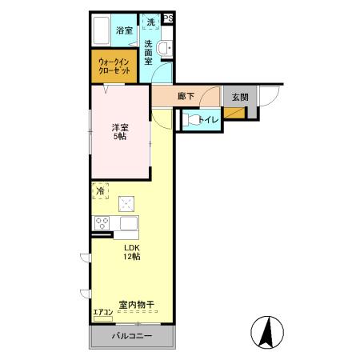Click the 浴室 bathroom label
coord(123,30)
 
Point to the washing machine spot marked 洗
coord(150,22)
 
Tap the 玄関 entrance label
coord(239,97)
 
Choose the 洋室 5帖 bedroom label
coord(120,130)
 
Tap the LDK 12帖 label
coord(131,253)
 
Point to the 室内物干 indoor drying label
coord(136,304)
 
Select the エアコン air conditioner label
coord(102,312)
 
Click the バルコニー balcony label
coord(131,336)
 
